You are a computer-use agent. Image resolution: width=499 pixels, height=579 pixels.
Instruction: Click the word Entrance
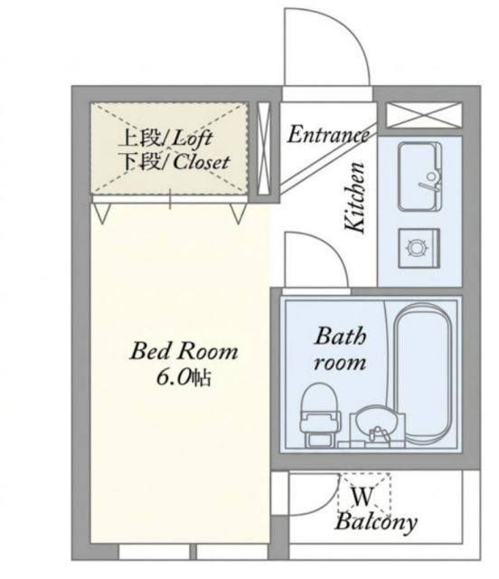click(328, 135)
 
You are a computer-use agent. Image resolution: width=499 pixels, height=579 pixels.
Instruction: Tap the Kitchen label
click(355, 197)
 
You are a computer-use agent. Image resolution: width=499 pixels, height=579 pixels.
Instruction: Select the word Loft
click(193, 138)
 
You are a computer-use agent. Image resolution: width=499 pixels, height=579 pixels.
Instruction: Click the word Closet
click(202, 162)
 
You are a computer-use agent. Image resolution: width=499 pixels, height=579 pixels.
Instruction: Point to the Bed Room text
click(184, 351)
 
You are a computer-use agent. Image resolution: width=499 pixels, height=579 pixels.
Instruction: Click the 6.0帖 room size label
click(184, 377)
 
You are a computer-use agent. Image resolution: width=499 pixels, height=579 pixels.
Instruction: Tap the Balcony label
click(376, 523)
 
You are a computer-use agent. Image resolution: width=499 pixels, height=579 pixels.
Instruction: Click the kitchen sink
click(420, 176)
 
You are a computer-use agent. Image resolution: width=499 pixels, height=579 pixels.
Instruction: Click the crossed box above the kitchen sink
click(424, 115)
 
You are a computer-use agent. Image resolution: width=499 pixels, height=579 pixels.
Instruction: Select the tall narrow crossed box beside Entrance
click(264, 148)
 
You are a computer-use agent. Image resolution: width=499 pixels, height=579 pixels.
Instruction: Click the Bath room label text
click(340, 349)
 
